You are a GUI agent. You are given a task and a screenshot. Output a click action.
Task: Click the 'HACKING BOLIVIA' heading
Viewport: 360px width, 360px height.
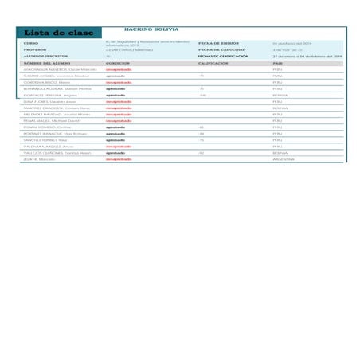(x=152, y=28)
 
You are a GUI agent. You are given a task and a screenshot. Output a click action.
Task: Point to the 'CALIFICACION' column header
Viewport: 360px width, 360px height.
(x=213, y=63)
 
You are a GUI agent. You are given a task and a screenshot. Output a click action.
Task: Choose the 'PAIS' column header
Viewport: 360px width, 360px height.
(x=278, y=63)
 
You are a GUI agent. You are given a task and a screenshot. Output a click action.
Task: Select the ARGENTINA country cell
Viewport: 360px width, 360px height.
(x=284, y=159)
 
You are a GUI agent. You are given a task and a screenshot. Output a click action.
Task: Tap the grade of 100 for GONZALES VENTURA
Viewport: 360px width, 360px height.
(x=203, y=95)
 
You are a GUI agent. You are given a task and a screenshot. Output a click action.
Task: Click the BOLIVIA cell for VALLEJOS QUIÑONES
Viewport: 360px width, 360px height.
(x=280, y=153)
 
